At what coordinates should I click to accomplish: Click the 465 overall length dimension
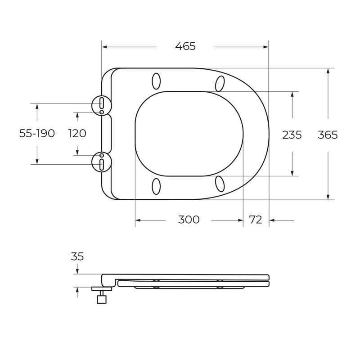click(185, 46)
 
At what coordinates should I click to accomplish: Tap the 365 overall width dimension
click(328, 135)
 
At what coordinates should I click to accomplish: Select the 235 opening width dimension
click(292, 135)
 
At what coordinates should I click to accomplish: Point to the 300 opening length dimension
click(189, 220)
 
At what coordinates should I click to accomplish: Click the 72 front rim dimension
click(256, 220)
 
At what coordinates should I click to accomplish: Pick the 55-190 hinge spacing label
click(37, 133)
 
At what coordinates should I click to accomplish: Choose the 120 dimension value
click(77, 133)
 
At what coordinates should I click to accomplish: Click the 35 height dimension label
click(77, 256)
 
